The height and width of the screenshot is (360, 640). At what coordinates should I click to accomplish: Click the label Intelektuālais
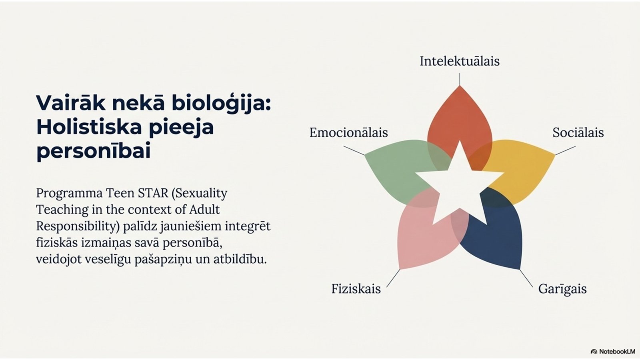tap(460, 61)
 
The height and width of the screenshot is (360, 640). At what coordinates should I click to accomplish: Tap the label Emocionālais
tap(348, 132)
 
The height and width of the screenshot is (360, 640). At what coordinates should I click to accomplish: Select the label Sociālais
tap(578, 132)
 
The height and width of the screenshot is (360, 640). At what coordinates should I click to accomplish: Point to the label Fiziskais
tap(356, 288)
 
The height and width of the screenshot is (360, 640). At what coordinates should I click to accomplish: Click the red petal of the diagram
tap(460, 120)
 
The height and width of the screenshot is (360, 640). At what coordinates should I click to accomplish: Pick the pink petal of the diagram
tap(423, 237)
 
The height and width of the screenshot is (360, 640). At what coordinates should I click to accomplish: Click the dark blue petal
tap(497, 237)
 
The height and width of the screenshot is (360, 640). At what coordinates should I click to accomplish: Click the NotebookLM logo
tap(612, 352)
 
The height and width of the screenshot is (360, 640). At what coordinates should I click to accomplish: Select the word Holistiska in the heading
tap(89, 128)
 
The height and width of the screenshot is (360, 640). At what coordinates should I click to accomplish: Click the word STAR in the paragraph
tap(153, 194)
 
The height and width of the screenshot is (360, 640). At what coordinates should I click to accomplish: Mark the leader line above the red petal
tap(460, 79)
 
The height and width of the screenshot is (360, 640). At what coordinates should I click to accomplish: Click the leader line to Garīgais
tap(526, 278)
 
